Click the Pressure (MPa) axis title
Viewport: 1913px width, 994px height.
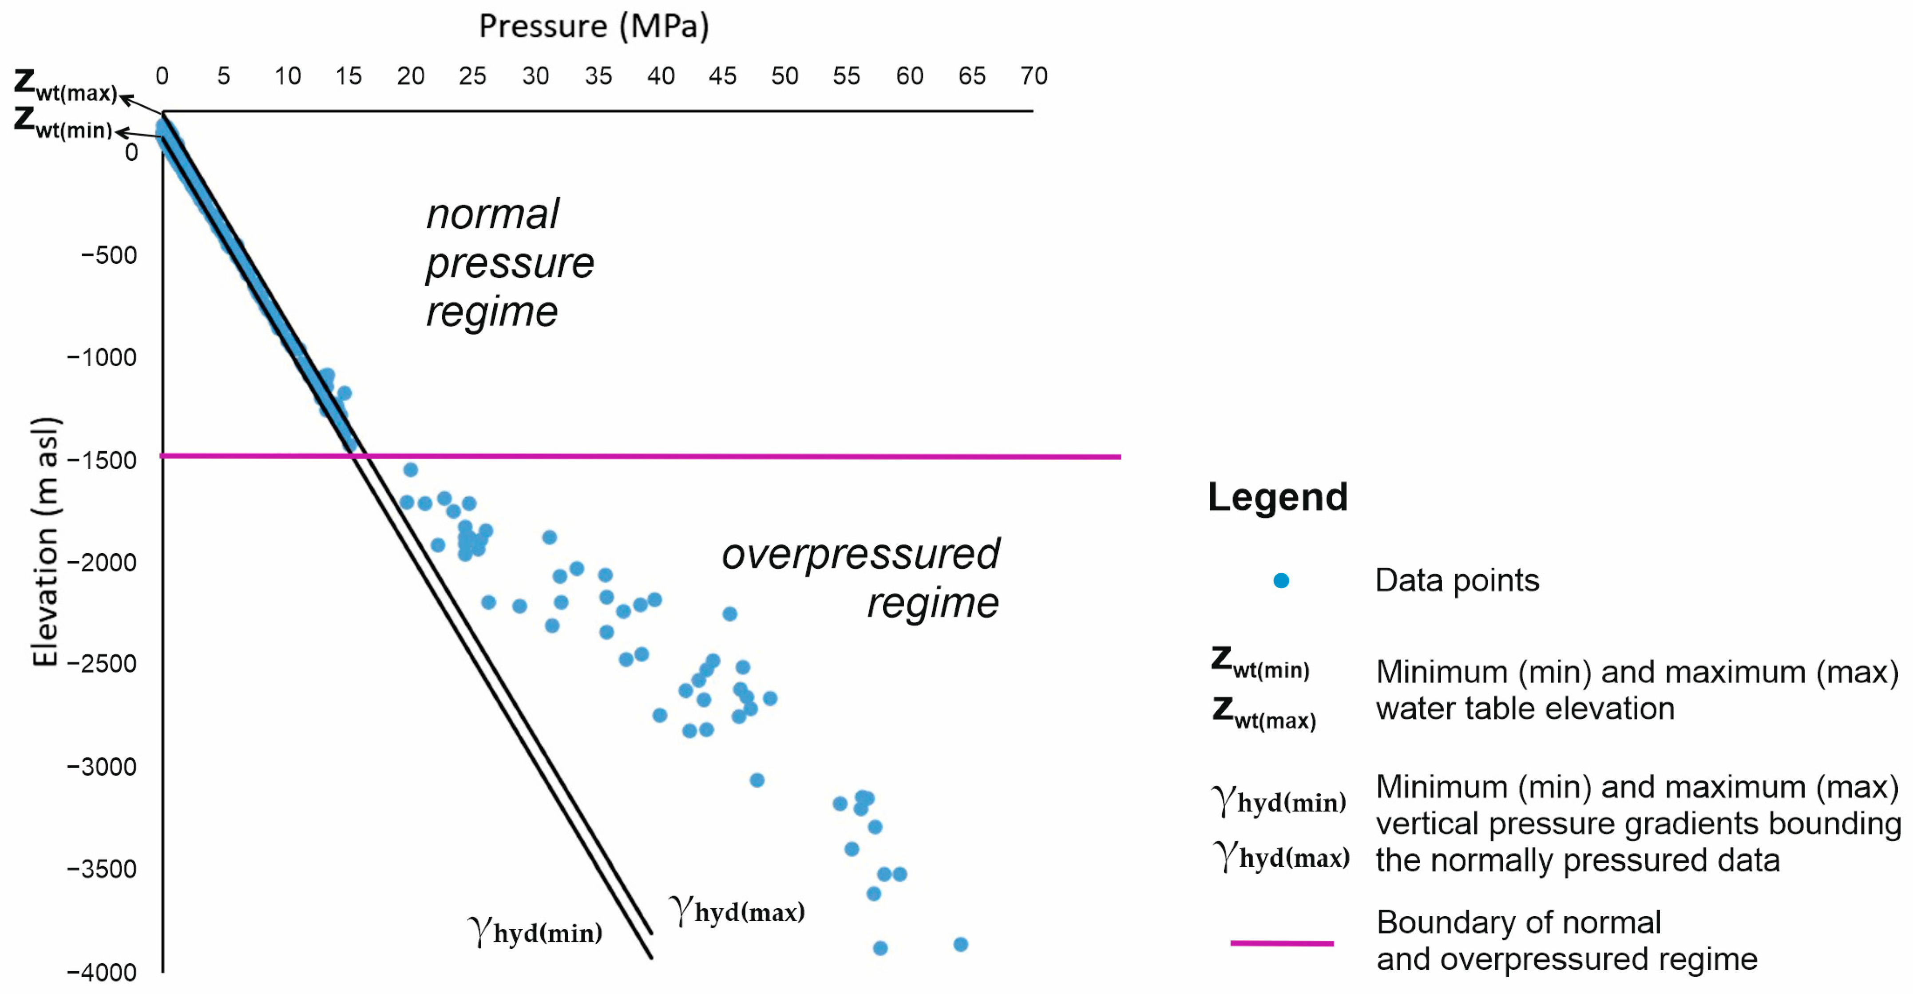pyautogui.click(x=594, y=27)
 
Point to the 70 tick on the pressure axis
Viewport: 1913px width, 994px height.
pyautogui.click(x=1033, y=76)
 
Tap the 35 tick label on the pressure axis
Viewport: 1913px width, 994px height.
pyautogui.click(x=598, y=76)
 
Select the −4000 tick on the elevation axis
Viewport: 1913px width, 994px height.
pyautogui.click(x=102, y=972)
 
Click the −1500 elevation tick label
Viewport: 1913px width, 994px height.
pyautogui.click(x=102, y=460)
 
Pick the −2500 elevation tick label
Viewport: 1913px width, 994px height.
pyautogui.click(x=102, y=664)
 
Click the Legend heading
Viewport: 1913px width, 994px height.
pyautogui.click(x=1277, y=497)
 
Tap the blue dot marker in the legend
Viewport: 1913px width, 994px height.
pyautogui.click(x=1281, y=581)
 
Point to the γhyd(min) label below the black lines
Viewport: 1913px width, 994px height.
pyautogui.click(x=535, y=931)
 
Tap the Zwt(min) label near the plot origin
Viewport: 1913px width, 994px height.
pyautogui.click(x=63, y=123)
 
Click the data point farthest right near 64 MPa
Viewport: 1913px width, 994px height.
pyautogui.click(x=960, y=944)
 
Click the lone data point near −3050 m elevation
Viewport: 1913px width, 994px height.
pyautogui.click(x=757, y=780)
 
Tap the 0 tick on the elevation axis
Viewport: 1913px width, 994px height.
pyautogui.click(x=131, y=153)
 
